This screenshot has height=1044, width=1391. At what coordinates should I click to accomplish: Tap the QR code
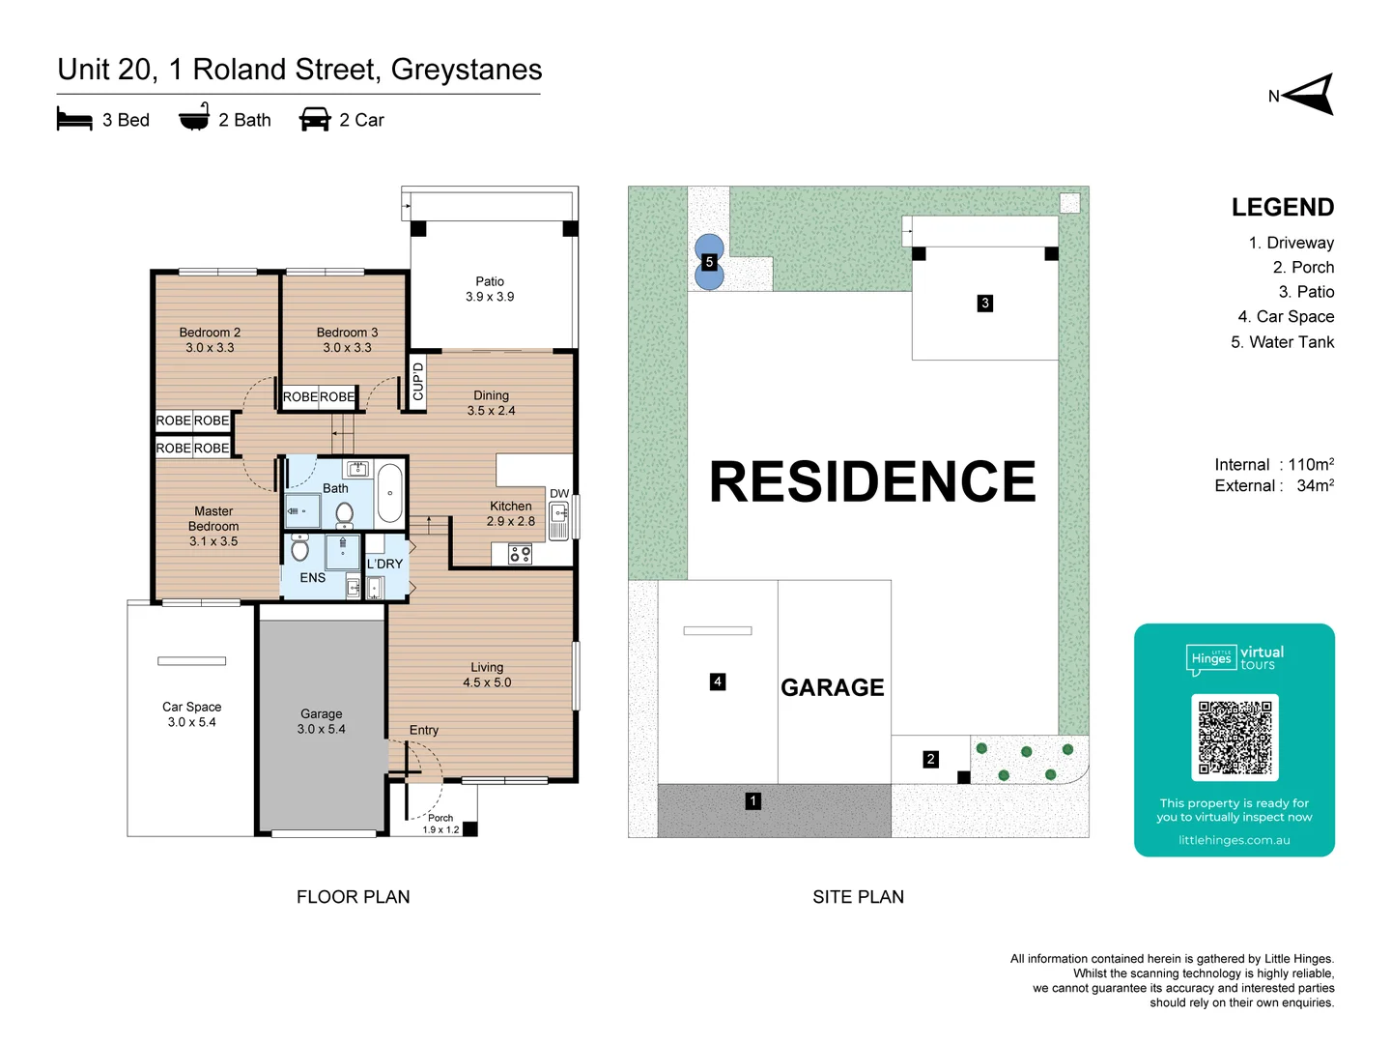pyautogui.click(x=1235, y=738)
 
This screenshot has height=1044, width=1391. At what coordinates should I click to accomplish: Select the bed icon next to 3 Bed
pyautogui.click(x=74, y=120)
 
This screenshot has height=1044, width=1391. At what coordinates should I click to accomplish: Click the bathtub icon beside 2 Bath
pyautogui.click(x=194, y=118)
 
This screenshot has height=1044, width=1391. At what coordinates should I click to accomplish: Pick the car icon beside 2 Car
pyautogui.click(x=315, y=120)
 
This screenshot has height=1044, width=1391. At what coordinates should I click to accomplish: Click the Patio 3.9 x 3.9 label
pyautogui.click(x=490, y=289)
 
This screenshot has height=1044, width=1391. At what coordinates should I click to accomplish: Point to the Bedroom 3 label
pyautogui.click(x=347, y=339)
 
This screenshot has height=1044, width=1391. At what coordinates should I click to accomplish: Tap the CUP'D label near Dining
pyautogui.click(x=417, y=382)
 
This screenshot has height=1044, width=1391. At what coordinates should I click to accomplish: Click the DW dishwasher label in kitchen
pyautogui.click(x=559, y=493)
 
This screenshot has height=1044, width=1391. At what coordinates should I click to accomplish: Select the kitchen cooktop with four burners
pyautogui.click(x=520, y=554)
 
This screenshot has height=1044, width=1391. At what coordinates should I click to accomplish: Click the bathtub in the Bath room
pyautogui.click(x=389, y=493)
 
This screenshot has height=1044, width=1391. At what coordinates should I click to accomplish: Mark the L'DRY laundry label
pyautogui.click(x=384, y=564)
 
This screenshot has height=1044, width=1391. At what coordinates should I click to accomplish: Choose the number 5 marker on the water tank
pyautogui.click(x=709, y=262)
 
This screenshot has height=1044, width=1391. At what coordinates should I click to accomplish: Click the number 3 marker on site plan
pyautogui.click(x=984, y=303)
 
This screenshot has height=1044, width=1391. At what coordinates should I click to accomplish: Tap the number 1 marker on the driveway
pyautogui.click(x=752, y=800)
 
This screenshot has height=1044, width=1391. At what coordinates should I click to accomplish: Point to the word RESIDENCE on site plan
pyautogui.click(x=872, y=481)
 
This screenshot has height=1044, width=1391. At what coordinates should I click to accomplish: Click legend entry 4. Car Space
pyautogui.click(x=1286, y=317)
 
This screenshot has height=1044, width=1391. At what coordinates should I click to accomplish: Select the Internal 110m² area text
pyautogui.click(x=1273, y=464)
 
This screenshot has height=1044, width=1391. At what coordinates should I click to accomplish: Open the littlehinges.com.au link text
pyautogui.click(x=1234, y=840)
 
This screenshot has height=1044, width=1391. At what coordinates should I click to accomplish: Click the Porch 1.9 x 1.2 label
pyautogui.click(x=440, y=824)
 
